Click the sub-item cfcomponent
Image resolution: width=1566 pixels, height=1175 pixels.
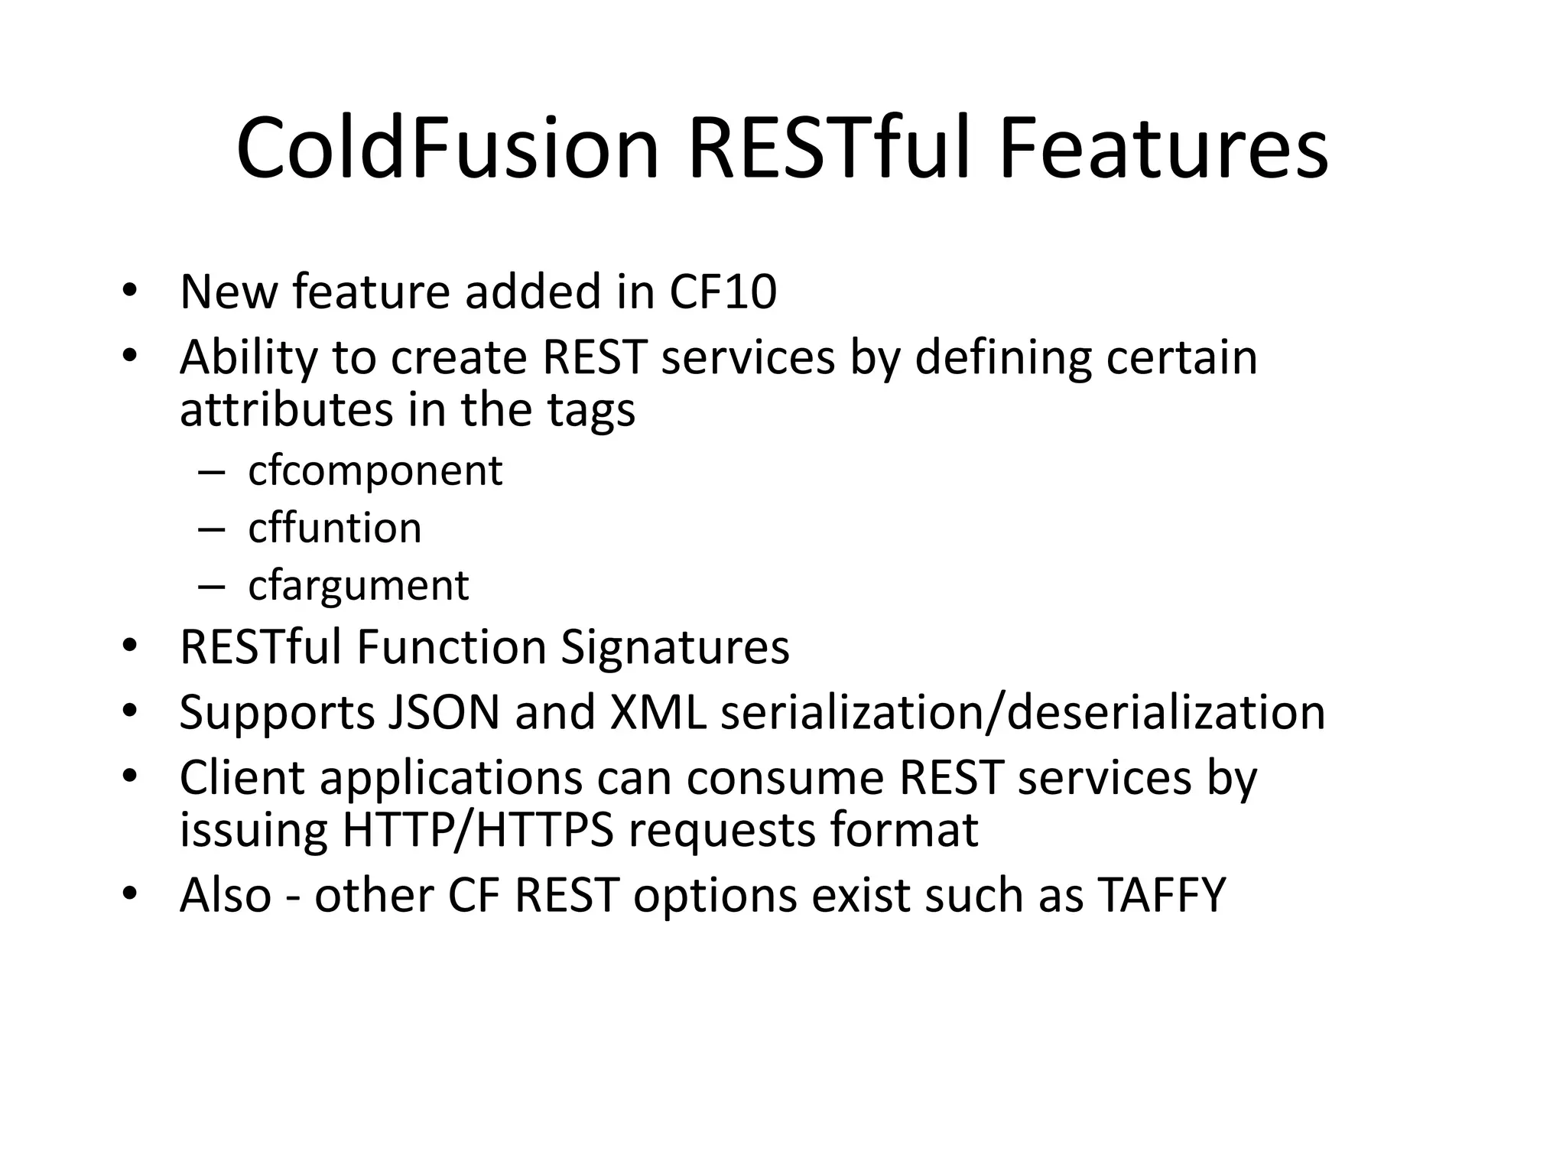click(x=375, y=470)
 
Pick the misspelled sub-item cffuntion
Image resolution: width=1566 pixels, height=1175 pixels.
click(x=334, y=528)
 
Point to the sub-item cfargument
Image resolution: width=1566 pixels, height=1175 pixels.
click(x=358, y=586)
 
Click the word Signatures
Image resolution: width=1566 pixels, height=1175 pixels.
click(x=674, y=647)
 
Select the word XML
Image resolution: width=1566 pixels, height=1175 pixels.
click(x=657, y=712)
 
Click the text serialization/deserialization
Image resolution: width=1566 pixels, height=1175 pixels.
click(x=1022, y=712)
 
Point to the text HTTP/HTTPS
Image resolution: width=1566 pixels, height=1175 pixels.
click(x=478, y=830)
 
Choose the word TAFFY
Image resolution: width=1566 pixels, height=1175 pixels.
click(x=1162, y=895)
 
